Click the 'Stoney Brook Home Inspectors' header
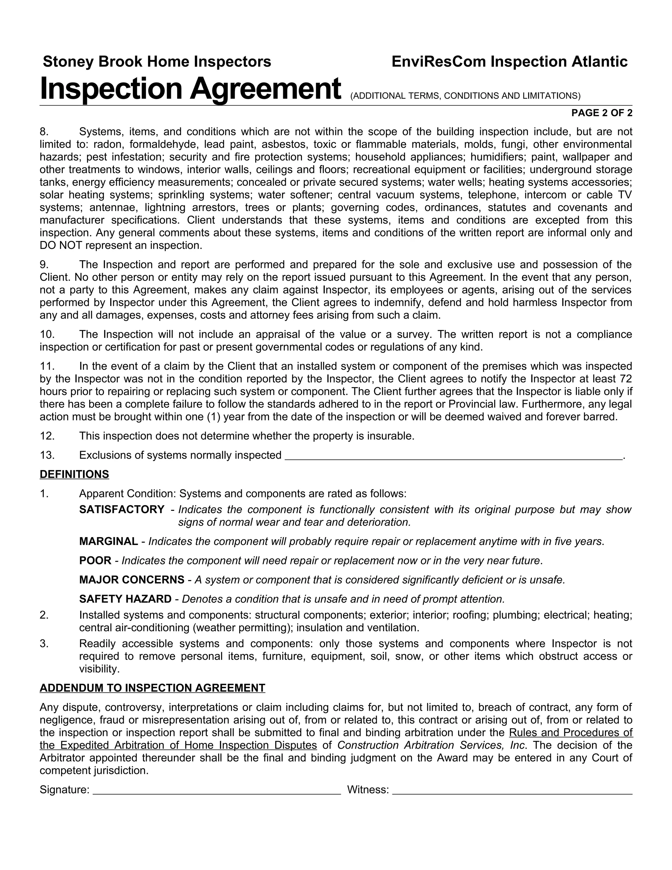click(157, 62)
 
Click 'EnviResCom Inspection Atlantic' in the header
click(509, 62)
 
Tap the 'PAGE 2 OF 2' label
click(601, 113)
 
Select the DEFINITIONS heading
click(74, 474)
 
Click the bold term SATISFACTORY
click(121, 510)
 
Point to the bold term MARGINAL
click(108, 541)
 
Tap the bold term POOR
click(95, 560)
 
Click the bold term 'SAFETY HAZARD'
click(125, 599)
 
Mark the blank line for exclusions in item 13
click(453, 455)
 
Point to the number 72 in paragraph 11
click(626, 379)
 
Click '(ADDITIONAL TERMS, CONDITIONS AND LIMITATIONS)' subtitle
click(465, 96)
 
